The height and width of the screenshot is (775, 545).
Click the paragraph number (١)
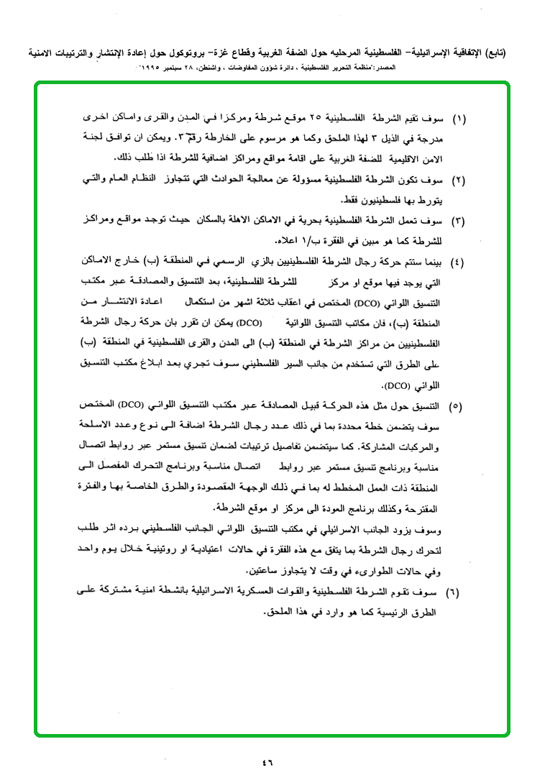[458, 116]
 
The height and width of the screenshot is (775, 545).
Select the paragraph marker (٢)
[458, 178]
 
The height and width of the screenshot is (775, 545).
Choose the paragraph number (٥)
[457, 407]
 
